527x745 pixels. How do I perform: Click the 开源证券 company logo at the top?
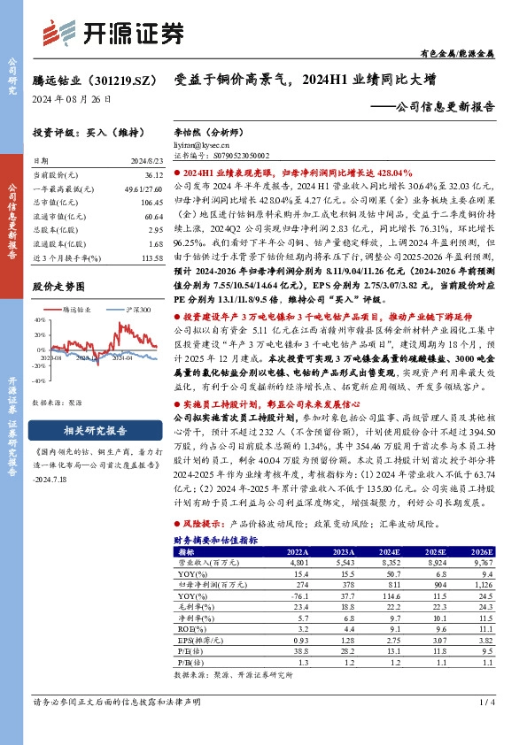pos(111,33)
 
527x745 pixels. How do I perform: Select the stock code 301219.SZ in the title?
pos(116,80)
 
